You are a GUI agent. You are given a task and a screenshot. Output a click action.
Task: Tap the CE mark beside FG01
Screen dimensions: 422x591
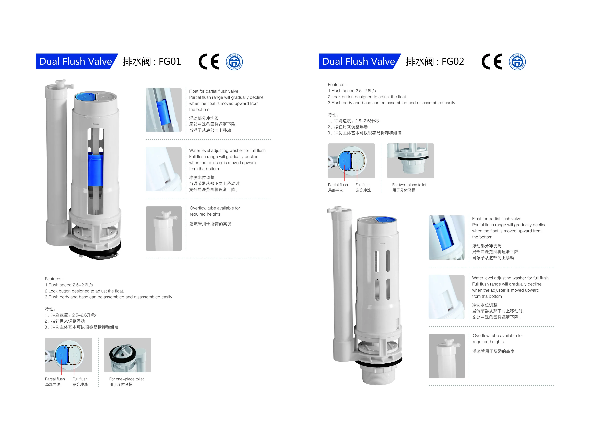pos(209,62)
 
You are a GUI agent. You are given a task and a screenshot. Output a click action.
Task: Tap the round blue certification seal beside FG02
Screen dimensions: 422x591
pos(517,62)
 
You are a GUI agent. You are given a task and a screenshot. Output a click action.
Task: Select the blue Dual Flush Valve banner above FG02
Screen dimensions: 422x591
pos(358,61)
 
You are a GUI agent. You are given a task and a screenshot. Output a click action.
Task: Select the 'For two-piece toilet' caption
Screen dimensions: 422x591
pos(409,185)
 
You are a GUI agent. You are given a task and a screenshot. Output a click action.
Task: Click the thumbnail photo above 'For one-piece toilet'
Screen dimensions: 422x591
pos(128,355)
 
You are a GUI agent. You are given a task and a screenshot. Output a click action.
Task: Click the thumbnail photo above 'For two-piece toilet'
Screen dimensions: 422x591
pos(410,161)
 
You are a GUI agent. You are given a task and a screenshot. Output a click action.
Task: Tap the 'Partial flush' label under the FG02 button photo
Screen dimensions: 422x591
pos(338,185)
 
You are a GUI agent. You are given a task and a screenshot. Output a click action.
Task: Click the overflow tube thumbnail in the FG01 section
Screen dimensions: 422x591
pos(164,228)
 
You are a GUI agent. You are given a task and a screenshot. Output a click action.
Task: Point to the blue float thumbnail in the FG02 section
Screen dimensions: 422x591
pos(446,237)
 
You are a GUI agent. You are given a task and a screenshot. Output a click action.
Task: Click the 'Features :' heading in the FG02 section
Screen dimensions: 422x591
pos(337,85)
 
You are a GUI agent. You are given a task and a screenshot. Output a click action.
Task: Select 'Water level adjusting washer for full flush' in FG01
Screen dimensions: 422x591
pos(227,150)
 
